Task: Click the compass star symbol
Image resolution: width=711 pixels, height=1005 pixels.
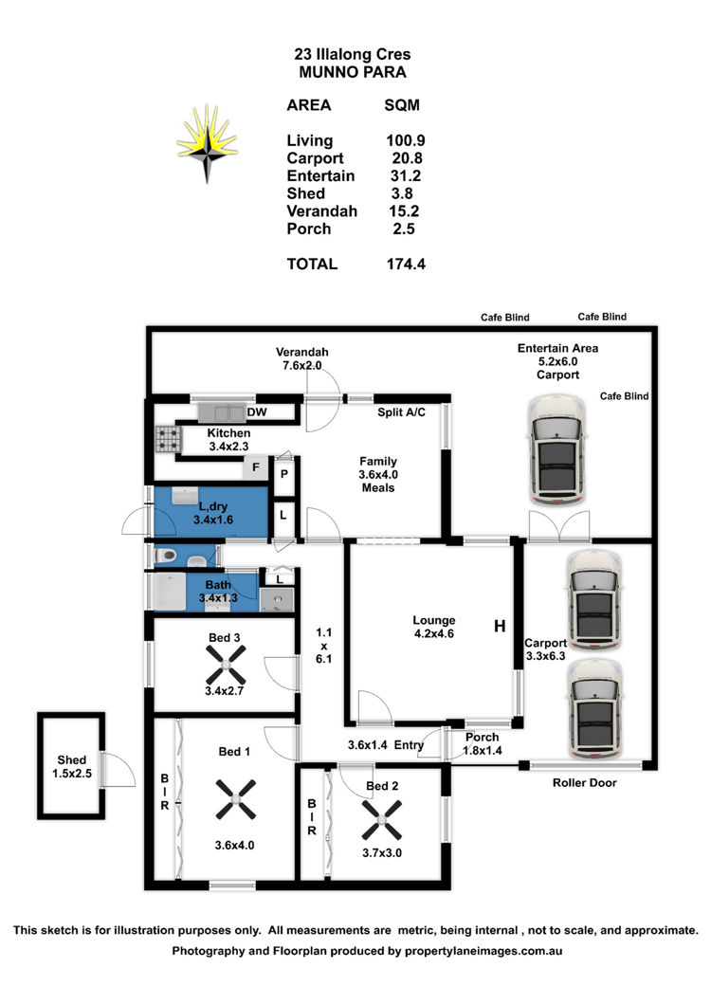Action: pyautogui.click(x=206, y=143)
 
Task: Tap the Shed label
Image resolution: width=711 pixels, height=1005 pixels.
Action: pyautogui.click(x=71, y=759)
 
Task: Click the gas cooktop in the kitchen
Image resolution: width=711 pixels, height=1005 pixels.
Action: pyautogui.click(x=169, y=438)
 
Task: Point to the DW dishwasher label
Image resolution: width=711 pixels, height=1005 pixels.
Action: pyautogui.click(x=256, y=413)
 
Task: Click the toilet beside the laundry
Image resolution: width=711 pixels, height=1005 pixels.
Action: pyautogui.click(x=166, y=555)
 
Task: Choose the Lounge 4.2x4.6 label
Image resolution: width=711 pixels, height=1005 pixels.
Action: pyautogui.click(x=434, y=628)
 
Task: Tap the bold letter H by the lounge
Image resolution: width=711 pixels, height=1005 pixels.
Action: pyautogui.click(x=499, y=627)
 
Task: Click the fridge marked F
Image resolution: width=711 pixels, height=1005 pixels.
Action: pyautogui.click(x=254, y=467)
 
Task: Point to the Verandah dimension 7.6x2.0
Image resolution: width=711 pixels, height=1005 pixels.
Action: pyautogui.click(x=301, y=365)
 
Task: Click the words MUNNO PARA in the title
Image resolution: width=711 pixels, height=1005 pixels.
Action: pyautogui.click(x=353, y=71)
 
